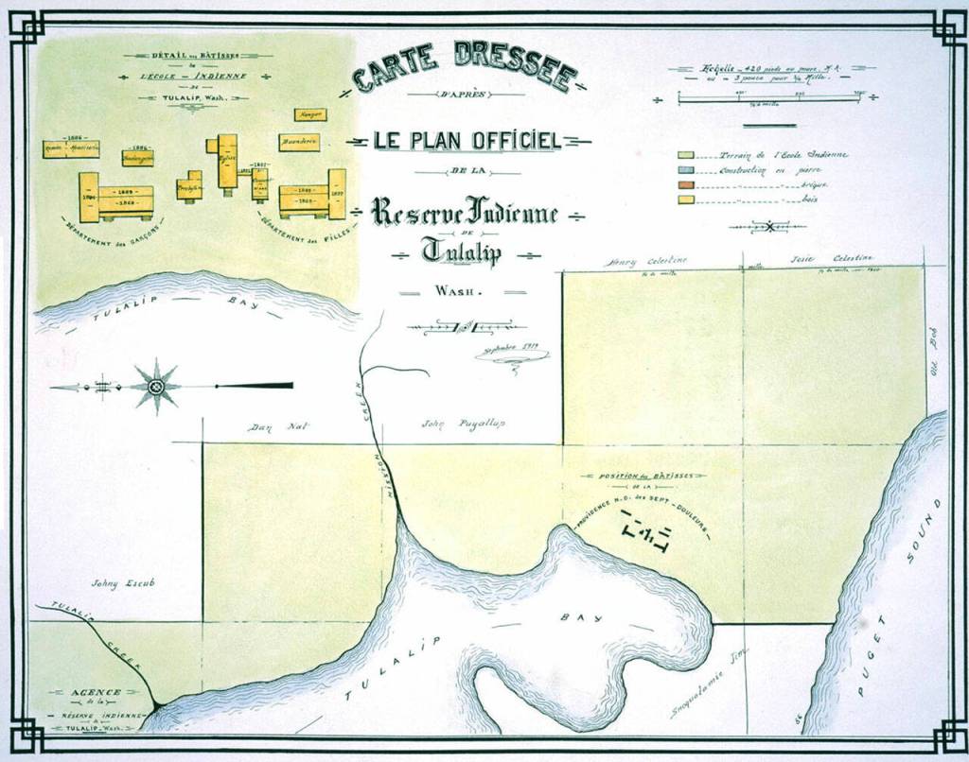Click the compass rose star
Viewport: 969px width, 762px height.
point(156,386)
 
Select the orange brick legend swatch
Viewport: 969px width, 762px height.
point(685,185)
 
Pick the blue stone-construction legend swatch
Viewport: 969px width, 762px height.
point(685,170)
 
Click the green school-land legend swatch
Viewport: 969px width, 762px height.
point(685,155)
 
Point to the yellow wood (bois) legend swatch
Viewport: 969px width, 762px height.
point(685,200)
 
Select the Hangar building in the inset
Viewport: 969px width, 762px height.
point(309,115)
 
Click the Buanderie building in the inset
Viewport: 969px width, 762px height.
point(298,143)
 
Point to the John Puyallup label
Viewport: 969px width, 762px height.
point(463,424)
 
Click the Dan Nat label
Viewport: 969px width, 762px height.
point(267,427)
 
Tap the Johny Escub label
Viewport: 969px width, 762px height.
point(122,583)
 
